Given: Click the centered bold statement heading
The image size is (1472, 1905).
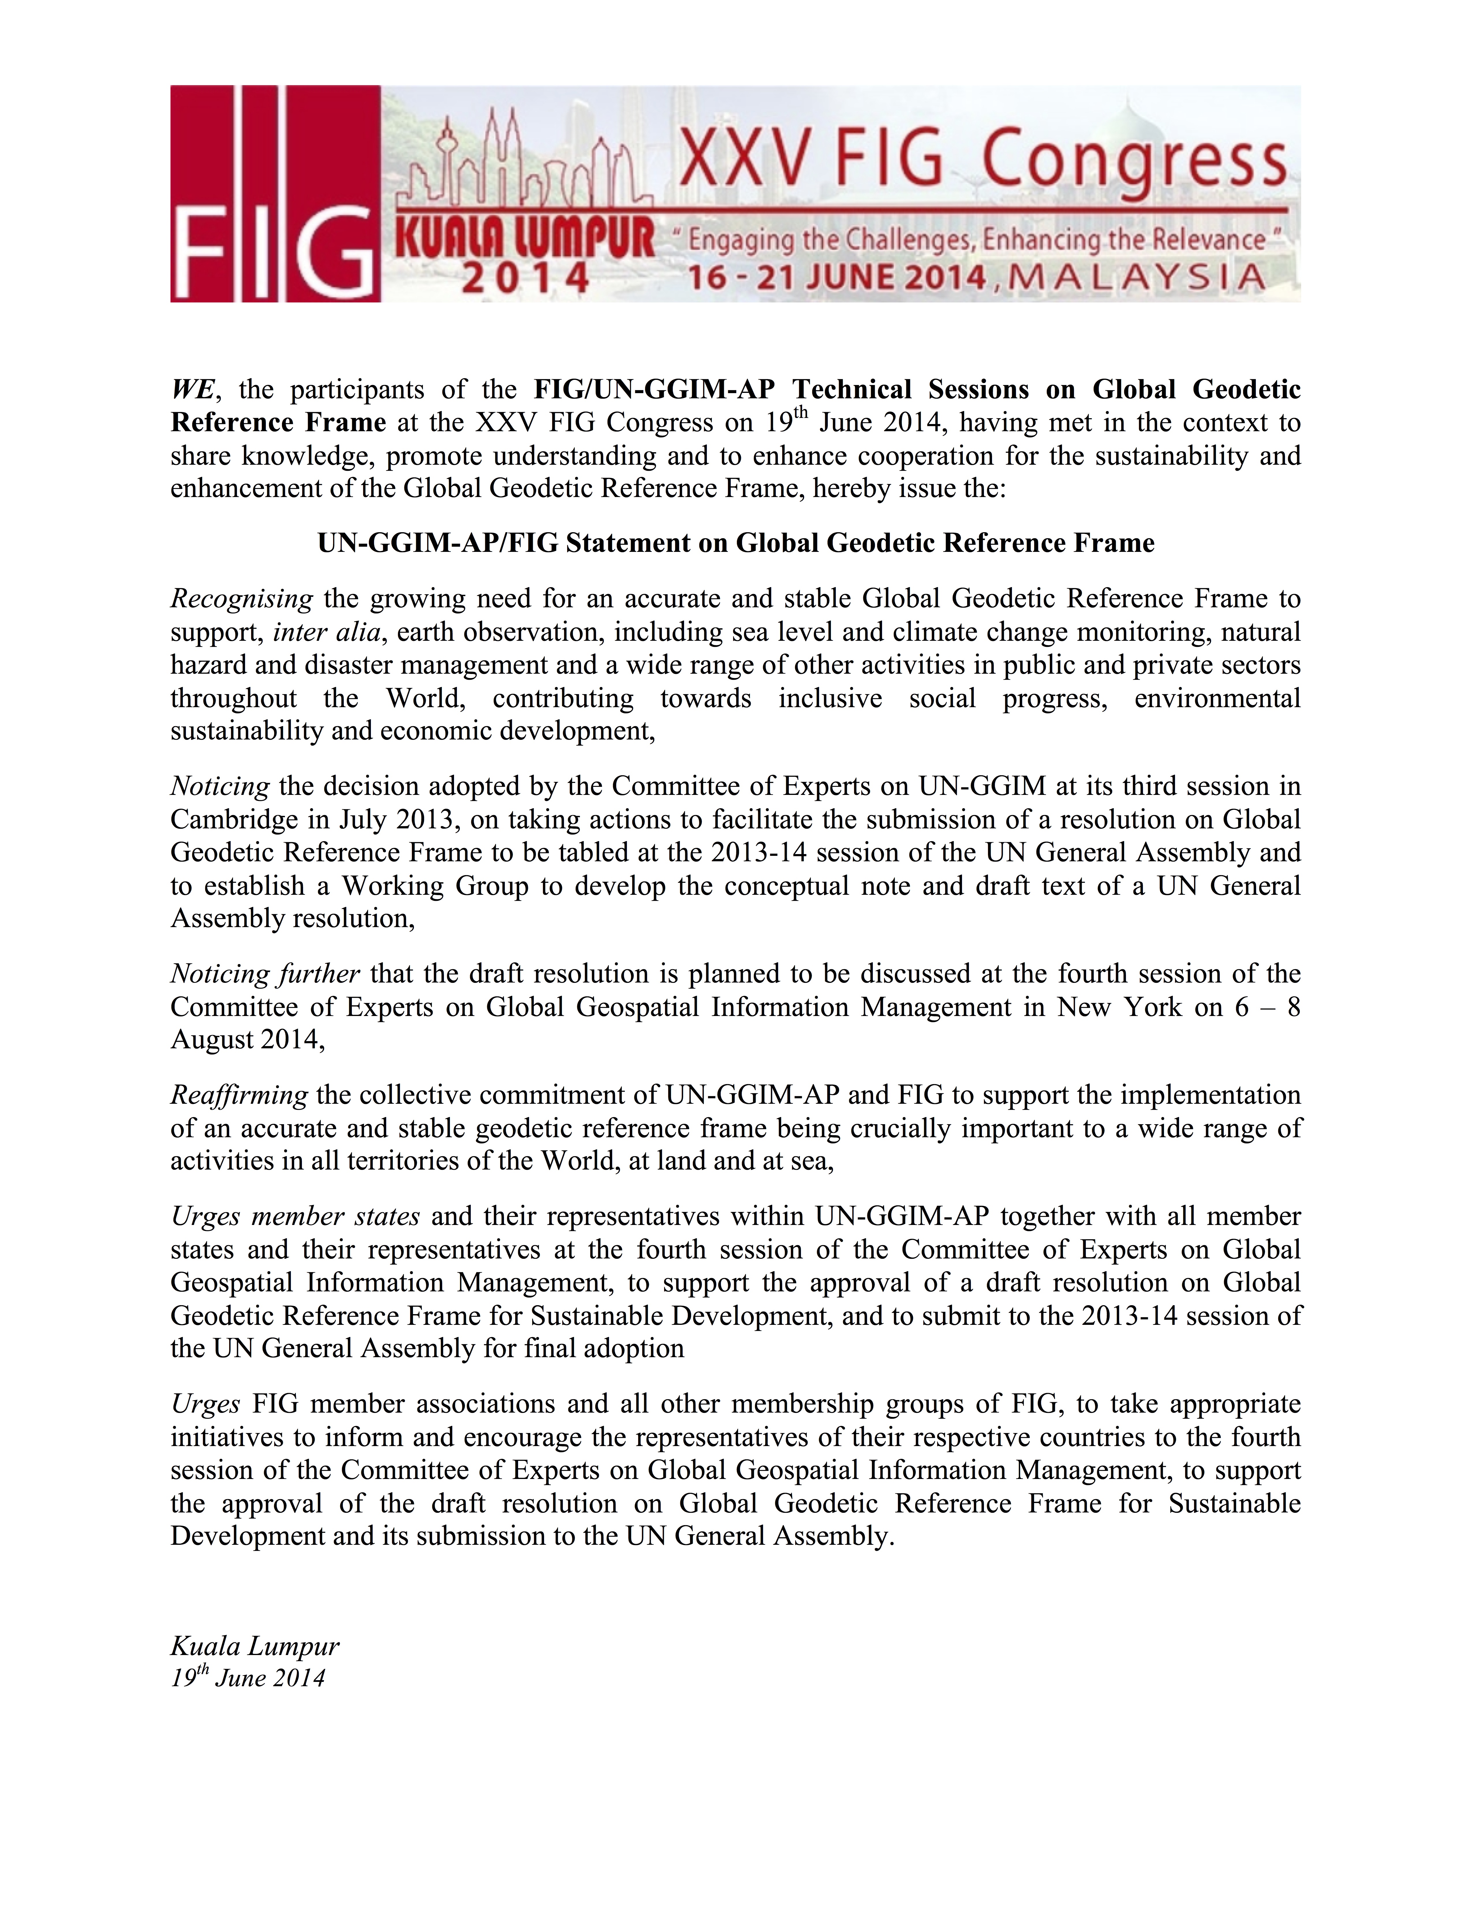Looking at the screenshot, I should pyautogui.click(x=735, y=544).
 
